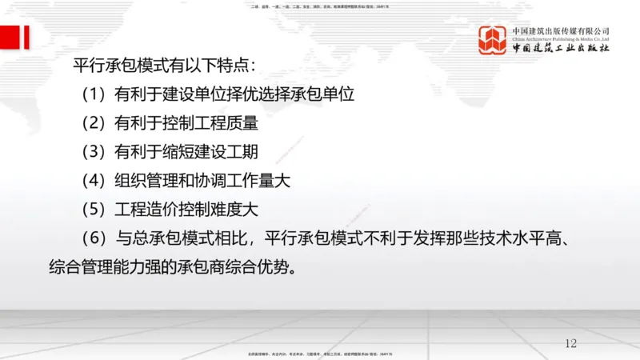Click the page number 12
(x=570, y=343)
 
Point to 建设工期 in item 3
(x=222, y=152)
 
